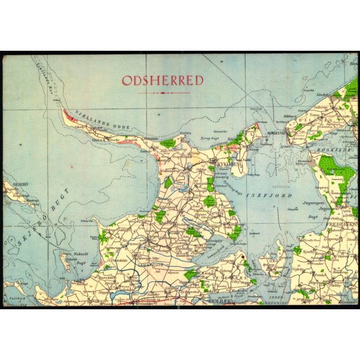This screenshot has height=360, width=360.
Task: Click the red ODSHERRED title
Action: [162, 80]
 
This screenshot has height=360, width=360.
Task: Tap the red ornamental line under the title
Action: [162, 93]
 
